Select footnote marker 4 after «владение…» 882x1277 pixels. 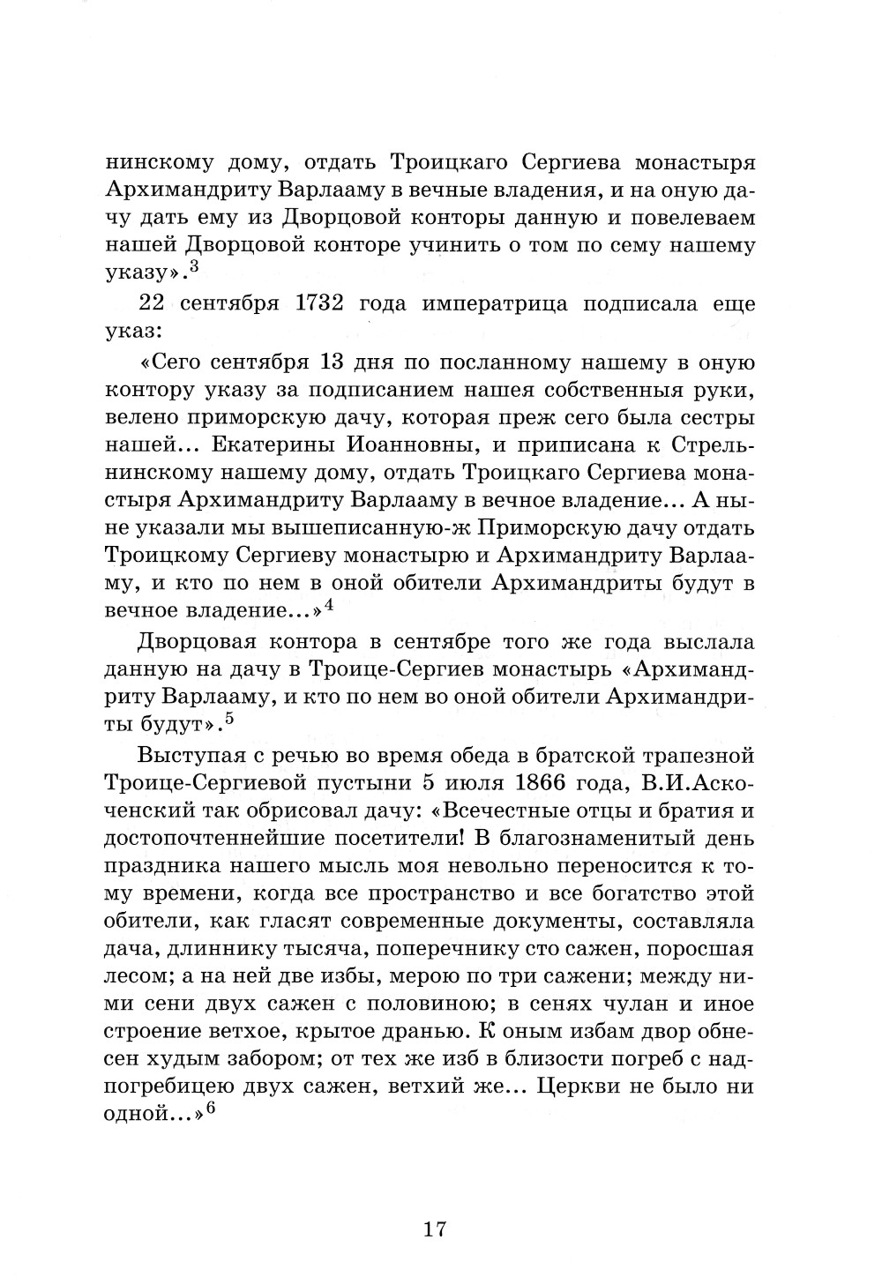click(x=328, y=604)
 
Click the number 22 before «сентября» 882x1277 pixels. click(x=157, y=305)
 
